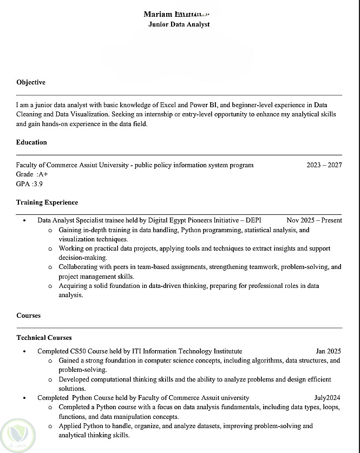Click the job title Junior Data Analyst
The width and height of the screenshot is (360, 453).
[179, 24]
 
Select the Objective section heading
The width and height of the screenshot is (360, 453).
[31, 82]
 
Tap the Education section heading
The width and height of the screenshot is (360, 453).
[31, 142]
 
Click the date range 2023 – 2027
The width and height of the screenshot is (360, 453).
[324, 165]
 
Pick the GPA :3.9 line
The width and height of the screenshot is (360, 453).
[29, 184]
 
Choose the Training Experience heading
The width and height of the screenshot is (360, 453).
[47, 202]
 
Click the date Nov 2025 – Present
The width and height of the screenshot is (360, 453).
[314, 220]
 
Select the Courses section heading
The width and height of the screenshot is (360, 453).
[28, 316]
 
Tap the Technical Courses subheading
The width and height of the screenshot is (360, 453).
[44, 338]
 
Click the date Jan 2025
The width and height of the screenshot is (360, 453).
[328, 351]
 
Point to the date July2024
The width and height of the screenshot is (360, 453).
[328, 398]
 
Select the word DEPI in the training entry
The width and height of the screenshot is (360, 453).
[253, 220]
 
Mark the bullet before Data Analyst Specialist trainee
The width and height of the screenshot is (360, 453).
[24, 221]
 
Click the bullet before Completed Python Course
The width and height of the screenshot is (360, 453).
[24, 398]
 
